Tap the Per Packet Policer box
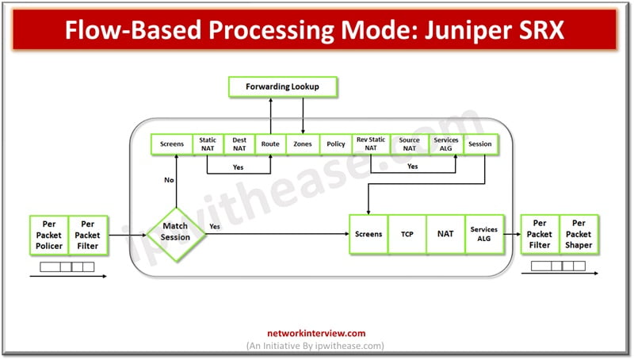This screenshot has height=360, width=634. [49, 235]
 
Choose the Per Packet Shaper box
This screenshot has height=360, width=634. [579, 235]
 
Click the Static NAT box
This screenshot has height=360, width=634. [208, 144]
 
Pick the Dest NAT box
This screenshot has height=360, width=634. [239, 144]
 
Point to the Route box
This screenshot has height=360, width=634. [270, 144]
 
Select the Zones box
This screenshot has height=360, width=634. [303, 144]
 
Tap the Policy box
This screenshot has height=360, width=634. [336, 144]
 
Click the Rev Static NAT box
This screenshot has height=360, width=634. [371, 144]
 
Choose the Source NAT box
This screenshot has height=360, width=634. [409, 144]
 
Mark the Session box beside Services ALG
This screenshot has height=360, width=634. [479, 144]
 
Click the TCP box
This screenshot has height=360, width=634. [407, 235]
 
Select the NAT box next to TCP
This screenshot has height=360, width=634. [445, 235]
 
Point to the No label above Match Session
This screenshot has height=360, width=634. [168, 180]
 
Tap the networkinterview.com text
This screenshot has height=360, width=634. [317, 334]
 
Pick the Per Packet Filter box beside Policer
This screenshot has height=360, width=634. [88, 235]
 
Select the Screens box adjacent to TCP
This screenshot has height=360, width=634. [369, 235]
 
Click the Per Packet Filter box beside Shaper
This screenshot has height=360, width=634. [540, 235]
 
